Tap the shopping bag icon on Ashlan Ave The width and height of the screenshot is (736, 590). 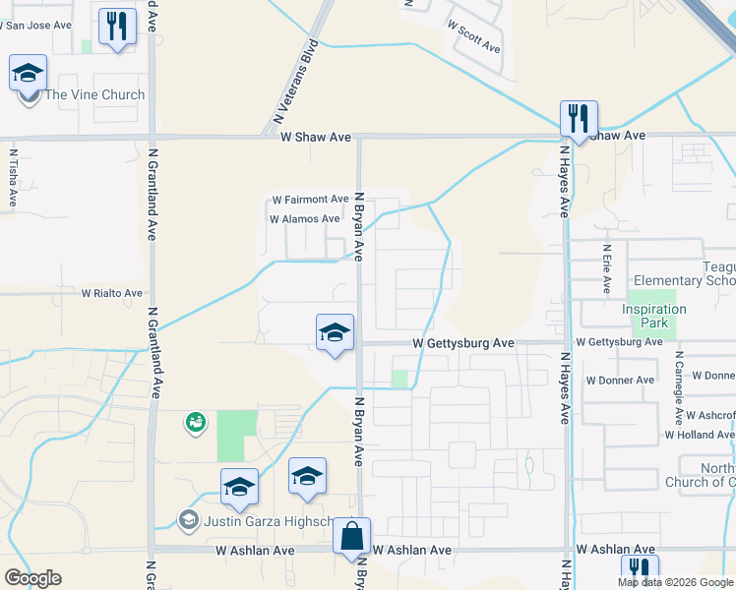(x=351, y=537)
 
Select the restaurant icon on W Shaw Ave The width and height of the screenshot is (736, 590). (x=577, y=119)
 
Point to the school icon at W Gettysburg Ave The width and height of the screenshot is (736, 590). (x=335, y=333)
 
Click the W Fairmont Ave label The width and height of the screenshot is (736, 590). (x=311, y=199)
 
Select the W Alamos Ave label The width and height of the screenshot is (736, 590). (x=304, y=219)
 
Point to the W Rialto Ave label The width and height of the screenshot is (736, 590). (x=111, y=293)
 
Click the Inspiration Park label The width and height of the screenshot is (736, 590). (x=654, y=316)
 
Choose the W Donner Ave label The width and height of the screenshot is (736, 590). (x=620, y=380)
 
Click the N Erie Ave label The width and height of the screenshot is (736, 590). (x=607, y=269)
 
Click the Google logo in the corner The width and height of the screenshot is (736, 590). (x=32, y=578)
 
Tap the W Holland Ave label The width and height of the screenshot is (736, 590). (x=700, y=435)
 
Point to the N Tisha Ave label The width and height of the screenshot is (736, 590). (x=14, y=177)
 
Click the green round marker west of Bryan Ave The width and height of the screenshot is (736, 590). (x=195, y=423)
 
